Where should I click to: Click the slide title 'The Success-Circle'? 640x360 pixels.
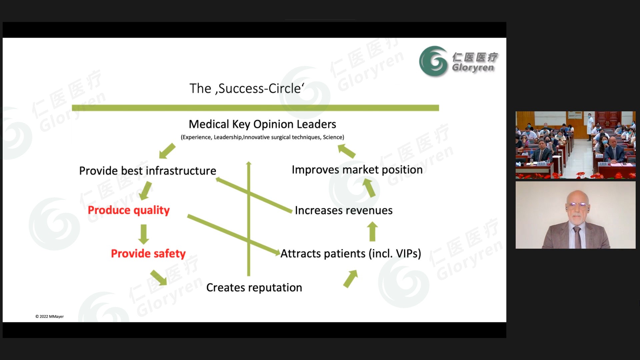247,89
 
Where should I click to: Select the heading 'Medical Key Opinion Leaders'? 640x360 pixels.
262,124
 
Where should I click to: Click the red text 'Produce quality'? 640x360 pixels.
129,210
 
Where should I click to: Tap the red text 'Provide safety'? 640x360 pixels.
148,254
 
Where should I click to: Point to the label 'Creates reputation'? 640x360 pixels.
254,288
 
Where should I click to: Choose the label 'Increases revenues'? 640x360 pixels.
344,211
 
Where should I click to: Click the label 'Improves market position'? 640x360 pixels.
357,170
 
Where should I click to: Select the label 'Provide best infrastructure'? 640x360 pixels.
148,171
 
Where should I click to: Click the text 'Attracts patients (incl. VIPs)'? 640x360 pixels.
351,254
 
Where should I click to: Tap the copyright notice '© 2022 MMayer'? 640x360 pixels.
50,317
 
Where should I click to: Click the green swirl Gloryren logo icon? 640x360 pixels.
433,61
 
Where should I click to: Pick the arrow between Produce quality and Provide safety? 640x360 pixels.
144,234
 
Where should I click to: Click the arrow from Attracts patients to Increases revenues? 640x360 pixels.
372,232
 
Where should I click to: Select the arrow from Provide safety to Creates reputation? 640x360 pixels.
158,277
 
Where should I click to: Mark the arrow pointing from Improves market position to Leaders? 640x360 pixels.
346,151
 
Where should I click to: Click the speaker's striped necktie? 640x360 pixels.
577,237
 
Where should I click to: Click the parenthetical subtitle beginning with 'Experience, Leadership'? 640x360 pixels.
262,137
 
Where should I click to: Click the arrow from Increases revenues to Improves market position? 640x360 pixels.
369,188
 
